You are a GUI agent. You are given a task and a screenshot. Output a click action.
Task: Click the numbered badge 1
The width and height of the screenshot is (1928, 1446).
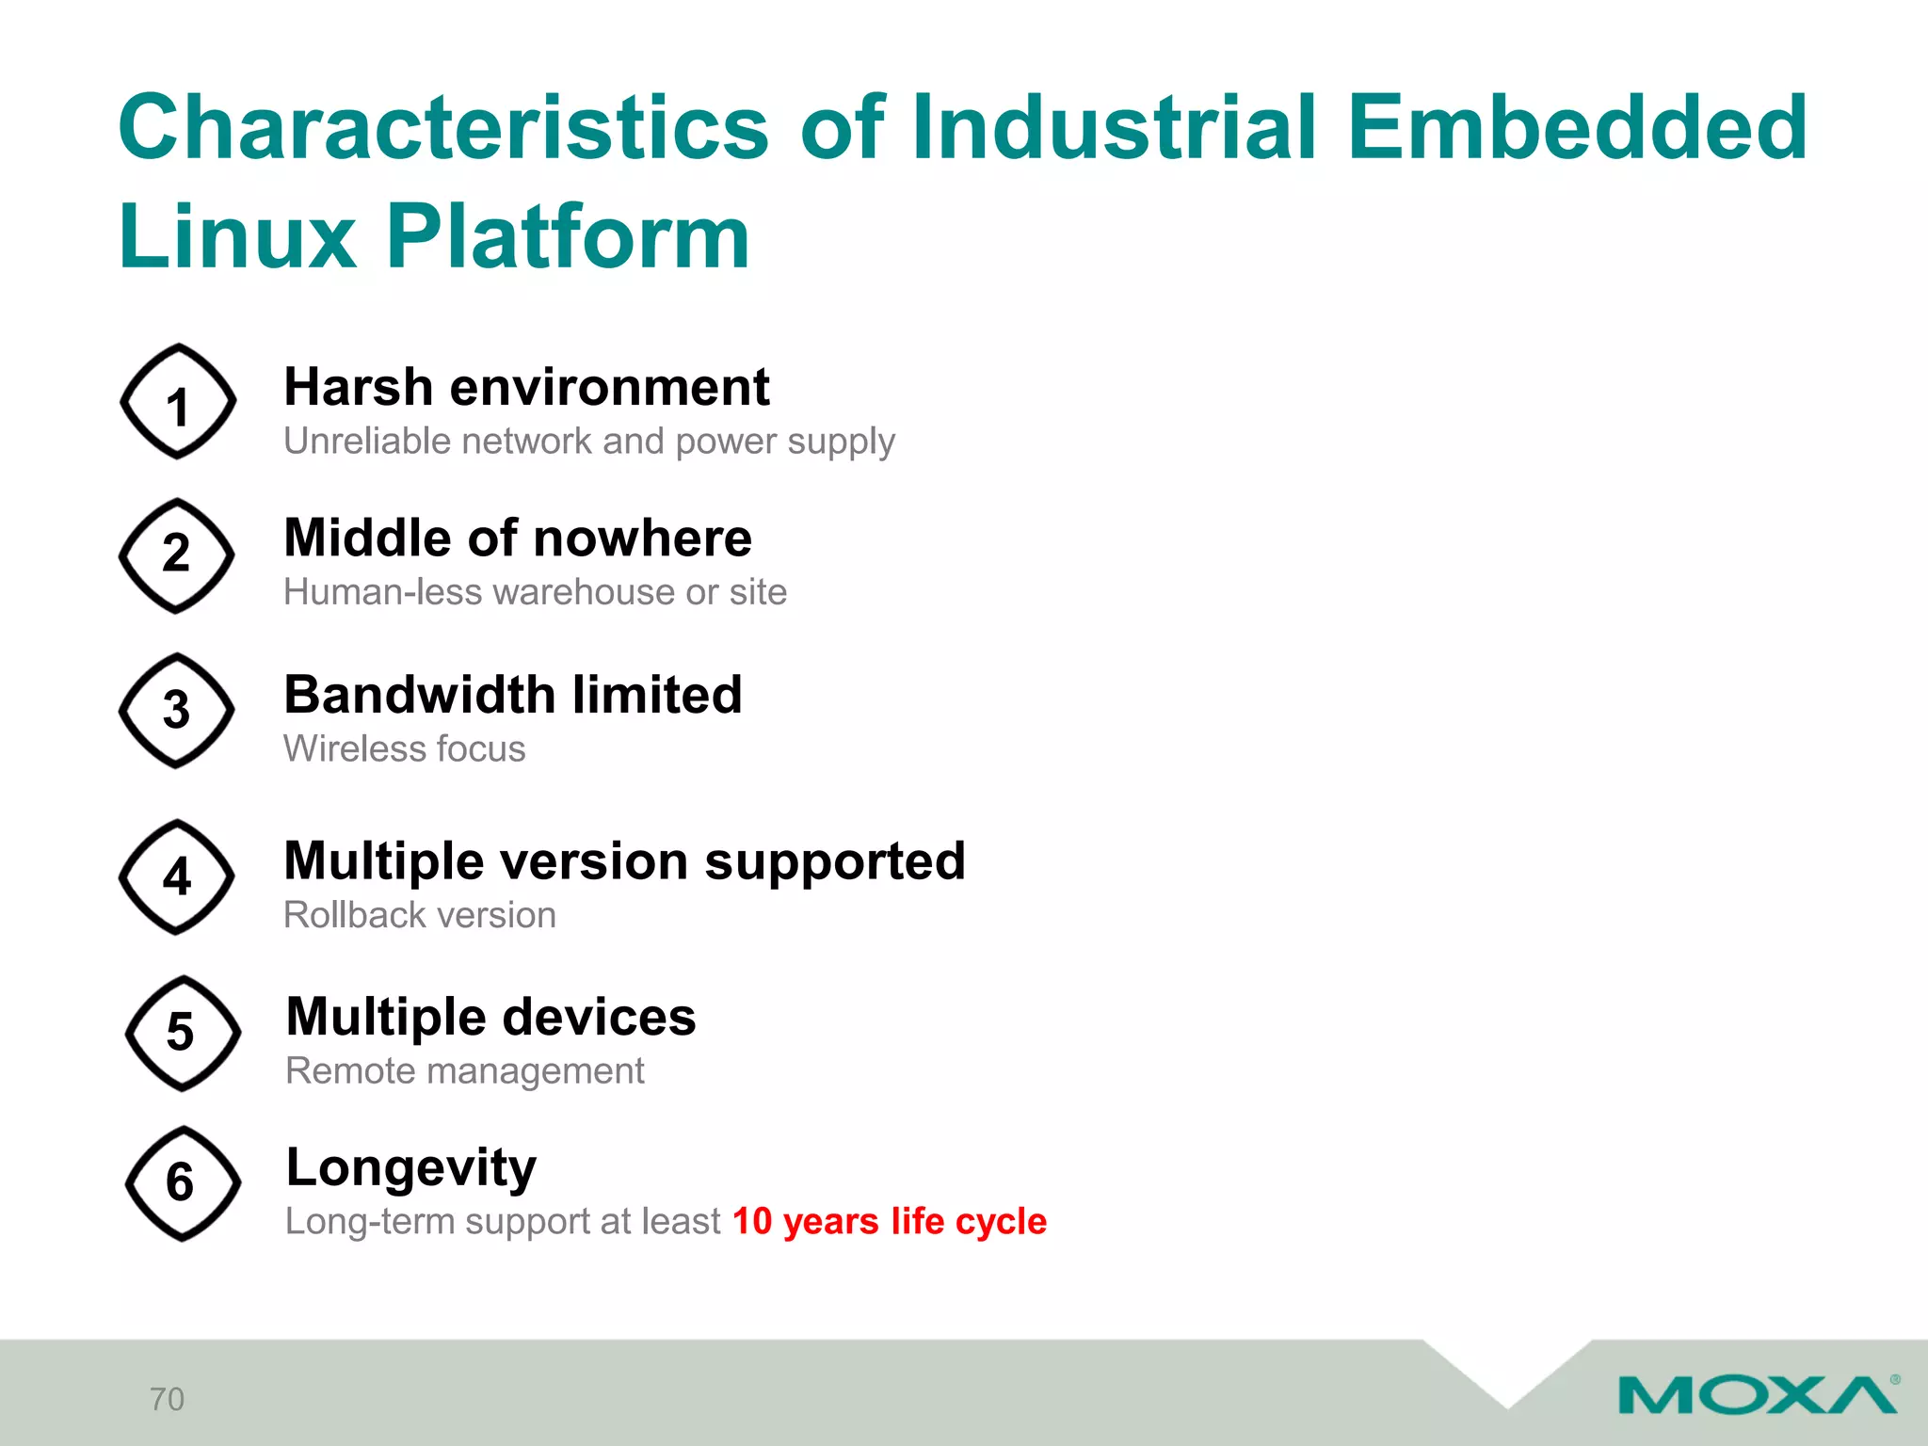178,402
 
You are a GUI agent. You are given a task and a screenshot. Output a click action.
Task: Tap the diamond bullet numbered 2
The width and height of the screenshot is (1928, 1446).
177,555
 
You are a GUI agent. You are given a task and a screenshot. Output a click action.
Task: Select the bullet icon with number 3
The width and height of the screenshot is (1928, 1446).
177,711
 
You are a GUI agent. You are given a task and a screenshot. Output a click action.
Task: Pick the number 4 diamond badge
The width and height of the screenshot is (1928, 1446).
177,876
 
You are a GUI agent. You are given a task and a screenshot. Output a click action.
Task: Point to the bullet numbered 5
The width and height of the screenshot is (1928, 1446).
182,1033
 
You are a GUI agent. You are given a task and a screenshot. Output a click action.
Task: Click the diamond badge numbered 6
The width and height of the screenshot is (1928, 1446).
182,1183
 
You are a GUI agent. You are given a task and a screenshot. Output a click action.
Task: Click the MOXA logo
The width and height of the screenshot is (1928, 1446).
1757,1394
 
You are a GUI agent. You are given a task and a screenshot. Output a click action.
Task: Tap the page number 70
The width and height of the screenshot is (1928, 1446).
168,1399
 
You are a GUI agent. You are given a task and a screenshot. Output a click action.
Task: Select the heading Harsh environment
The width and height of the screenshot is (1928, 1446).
526,387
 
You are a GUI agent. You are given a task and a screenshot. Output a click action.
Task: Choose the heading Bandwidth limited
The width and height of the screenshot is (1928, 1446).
513,695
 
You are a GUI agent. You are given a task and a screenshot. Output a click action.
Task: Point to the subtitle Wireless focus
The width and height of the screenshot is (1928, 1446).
405,749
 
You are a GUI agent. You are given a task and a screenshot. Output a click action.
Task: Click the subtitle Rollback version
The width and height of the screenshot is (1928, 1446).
420,915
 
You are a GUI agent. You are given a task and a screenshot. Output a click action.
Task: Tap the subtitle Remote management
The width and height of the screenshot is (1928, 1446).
465,1071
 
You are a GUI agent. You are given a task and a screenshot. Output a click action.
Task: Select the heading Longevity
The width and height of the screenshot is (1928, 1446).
411,1168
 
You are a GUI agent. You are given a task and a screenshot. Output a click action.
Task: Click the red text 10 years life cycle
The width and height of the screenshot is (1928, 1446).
889,1221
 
